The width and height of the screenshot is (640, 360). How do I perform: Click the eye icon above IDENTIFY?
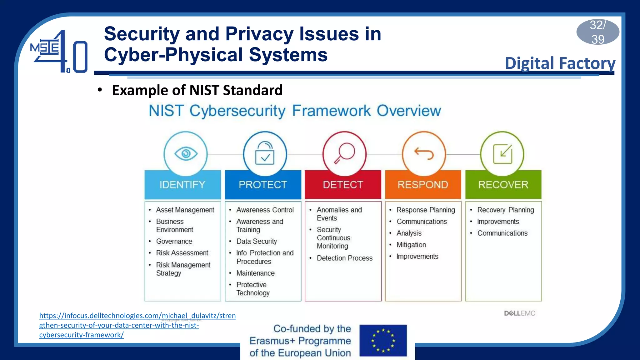click(186, 154)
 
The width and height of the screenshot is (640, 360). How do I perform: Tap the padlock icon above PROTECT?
click(265, 153)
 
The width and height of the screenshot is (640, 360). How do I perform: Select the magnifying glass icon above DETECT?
click(344, 153)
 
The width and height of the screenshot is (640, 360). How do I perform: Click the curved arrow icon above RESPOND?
click(424, 153)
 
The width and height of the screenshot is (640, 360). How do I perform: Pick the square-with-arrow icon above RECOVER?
click(502, 154)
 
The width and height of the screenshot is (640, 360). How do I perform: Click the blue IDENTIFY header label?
click(182, 185)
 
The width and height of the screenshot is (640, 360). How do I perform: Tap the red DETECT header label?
click(343, 185)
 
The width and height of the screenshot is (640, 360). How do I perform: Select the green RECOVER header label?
click(503, 185)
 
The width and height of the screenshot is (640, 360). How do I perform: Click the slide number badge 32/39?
click(597, 32)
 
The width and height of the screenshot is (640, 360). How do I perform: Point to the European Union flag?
click(383, 341)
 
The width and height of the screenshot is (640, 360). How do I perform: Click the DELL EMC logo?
click(519, 313)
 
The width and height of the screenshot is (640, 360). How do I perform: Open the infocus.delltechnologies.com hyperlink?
click(137, 325)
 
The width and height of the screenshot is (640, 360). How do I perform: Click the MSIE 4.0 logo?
click(59, 52)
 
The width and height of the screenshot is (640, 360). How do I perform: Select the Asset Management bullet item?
click(185, 210)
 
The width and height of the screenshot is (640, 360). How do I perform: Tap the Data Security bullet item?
click(257, 241)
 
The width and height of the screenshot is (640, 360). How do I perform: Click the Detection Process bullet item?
click(344, 258)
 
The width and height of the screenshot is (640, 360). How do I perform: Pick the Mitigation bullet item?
click(411, 245)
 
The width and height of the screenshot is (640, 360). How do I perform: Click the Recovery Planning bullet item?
click(505, 210)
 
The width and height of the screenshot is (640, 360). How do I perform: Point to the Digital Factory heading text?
click(560, 63)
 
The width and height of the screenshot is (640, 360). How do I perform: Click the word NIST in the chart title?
click(166, 111)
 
